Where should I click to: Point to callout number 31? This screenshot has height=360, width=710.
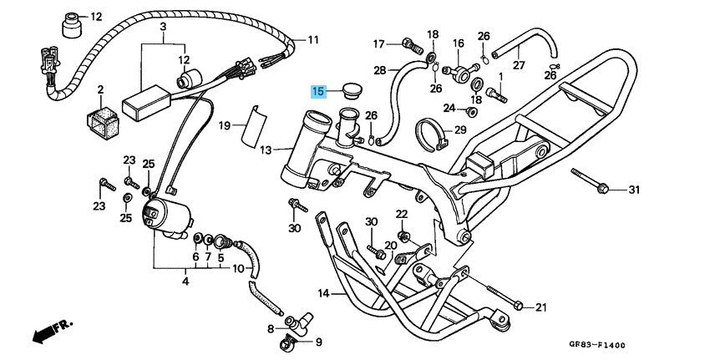633,190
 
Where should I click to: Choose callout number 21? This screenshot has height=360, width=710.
540,307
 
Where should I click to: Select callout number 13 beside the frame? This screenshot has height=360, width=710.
266,150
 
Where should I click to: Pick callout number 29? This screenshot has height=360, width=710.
459,130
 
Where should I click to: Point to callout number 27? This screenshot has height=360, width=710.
518,65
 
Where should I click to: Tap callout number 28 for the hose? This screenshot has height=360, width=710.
379,70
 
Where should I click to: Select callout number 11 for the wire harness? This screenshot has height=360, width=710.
312,39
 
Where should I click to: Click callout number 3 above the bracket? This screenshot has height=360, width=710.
163,27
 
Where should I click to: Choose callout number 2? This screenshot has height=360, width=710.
100,89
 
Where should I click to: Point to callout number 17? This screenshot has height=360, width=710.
378,43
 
